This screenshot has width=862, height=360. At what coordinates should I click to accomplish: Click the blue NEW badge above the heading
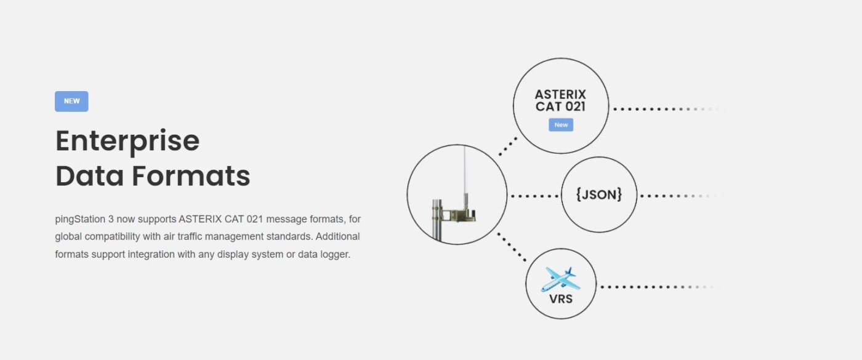(71, 102)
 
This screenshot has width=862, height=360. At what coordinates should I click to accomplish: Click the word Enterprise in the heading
(127, 141)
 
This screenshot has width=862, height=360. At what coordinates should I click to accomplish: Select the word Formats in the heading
(190, 176)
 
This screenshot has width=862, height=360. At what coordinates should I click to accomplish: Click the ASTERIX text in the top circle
(560, 95)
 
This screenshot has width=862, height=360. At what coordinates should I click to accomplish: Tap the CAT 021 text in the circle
(560, 106)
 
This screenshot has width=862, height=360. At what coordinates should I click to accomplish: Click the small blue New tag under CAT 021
(561, 125)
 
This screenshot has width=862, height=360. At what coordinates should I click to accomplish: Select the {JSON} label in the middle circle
(599, 195)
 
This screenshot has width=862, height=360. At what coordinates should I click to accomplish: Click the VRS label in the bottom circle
(561, 299)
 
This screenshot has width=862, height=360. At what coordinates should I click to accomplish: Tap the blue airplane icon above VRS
(560, 279)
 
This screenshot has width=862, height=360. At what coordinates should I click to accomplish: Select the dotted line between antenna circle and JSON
(534, 196)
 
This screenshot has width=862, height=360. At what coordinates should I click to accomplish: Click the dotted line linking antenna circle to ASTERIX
(508, 146)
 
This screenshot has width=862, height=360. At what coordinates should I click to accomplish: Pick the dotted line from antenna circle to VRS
(512, 247)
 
